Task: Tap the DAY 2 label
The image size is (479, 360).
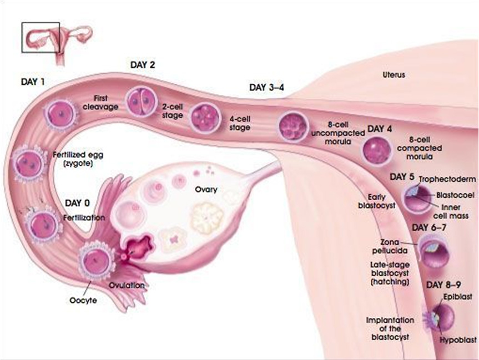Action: [x=143, y=64]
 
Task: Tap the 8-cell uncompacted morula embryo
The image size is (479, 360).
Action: [x=293, y=126]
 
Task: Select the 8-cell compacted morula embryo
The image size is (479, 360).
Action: [x=377, y=151]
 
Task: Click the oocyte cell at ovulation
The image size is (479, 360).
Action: [x=95, y=260]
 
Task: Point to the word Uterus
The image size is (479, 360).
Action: [x=394, y=74]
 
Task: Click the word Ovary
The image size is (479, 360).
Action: [x=206, y=189]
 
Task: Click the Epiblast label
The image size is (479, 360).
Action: [x=453, y=297]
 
